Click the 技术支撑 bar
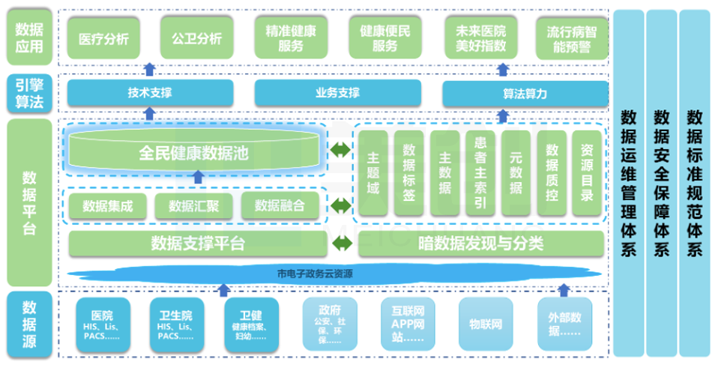click(150, 94)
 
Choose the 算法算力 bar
click(525, 94)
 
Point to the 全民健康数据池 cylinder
click(194, 151)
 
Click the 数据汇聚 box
click(194, 206)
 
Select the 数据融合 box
click(279, 206)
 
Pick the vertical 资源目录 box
click(588, 175)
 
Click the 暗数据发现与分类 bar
click(480, 243)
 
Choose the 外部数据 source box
click(564, 325)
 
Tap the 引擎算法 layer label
click(28, 94)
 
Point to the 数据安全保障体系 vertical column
click(661, 184)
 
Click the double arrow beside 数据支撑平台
click(343, 243)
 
